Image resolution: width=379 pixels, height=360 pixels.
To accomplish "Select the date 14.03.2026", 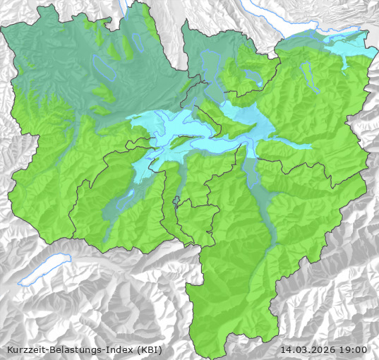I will tap(308, 349).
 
